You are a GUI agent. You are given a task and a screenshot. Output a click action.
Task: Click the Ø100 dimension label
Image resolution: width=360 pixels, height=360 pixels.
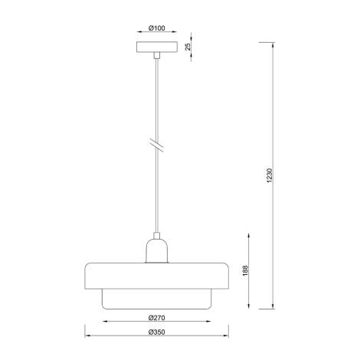tap(156, 28)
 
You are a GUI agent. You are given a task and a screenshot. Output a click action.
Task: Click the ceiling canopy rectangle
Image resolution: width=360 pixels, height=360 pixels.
tap(156, 47)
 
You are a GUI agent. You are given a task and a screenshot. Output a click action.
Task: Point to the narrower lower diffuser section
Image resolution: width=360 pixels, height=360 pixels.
tap(156, 299)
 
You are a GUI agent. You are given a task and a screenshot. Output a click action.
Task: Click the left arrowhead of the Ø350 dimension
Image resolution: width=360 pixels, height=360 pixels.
tap(86, 338)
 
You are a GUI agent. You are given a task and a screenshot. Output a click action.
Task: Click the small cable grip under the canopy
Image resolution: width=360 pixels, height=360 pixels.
tap(156, 56)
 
